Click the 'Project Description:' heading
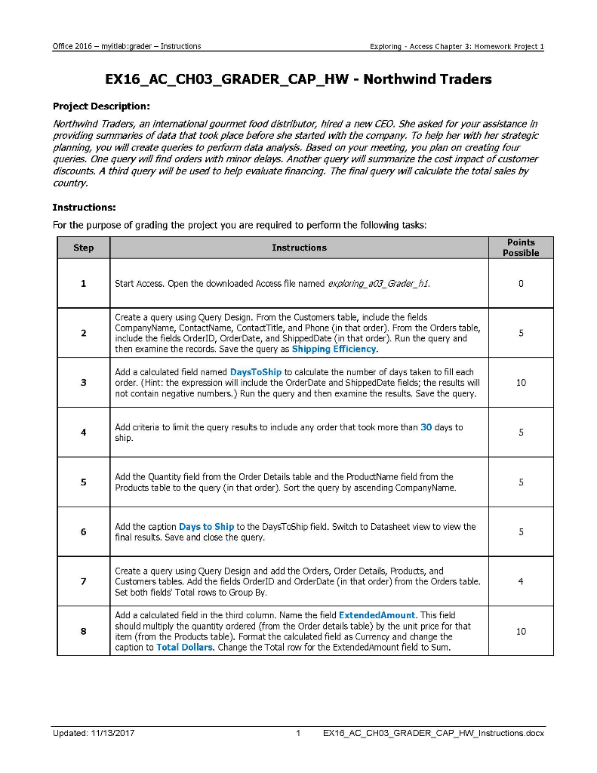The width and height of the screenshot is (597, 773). click(x=101, y=106)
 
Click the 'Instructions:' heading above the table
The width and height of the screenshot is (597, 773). click(x=84, y=207)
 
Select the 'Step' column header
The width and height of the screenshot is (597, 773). click(x=83, y=248)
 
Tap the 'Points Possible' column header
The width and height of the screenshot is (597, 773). click(x=520, y=248)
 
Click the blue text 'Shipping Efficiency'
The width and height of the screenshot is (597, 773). click(x=334, y=350)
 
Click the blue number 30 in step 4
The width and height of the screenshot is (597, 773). click(x=426, y=427)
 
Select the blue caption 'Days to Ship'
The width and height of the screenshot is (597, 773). click(x=206, y=527)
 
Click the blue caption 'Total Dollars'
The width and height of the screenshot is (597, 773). click(x=184, y=648)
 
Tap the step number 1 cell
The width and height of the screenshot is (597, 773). click(x=83, y=284)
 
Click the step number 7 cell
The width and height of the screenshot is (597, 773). click(x=83, y=582)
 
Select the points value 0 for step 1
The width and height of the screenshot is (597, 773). click(x=520, y=284)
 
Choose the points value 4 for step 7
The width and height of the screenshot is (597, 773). click(x=520, y=582)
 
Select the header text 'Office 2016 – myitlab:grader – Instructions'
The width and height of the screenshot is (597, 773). click(x=127, y=46)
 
